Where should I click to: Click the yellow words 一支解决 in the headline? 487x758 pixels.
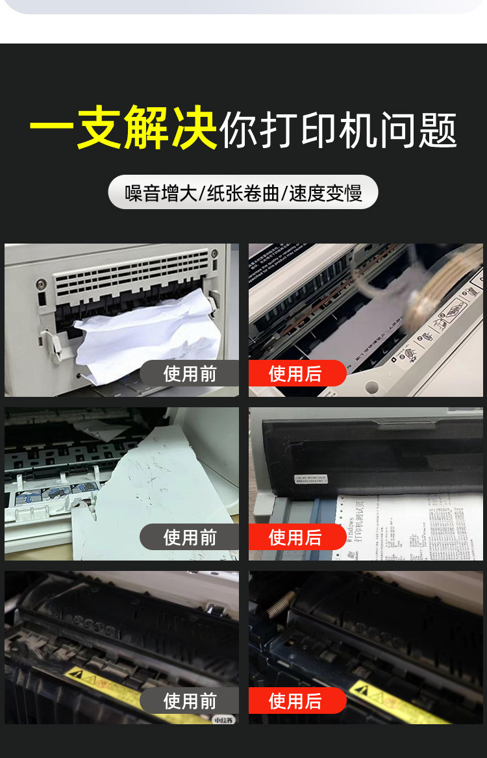123,128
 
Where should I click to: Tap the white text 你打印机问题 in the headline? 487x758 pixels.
338,130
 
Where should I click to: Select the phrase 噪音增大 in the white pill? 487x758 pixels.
161,193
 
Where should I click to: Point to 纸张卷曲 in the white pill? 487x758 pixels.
243,193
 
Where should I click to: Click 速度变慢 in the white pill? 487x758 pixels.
325,193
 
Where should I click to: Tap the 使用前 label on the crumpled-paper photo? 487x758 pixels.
190,373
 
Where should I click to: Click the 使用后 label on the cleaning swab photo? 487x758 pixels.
295,373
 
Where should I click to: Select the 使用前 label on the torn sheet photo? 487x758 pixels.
190,537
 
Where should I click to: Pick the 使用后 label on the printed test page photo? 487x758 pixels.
295,537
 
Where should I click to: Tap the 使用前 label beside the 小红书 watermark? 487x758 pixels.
190,701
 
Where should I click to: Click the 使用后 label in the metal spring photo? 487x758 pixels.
295,701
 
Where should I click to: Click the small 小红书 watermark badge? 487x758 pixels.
224,719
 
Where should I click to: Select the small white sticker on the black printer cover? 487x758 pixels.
310,479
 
